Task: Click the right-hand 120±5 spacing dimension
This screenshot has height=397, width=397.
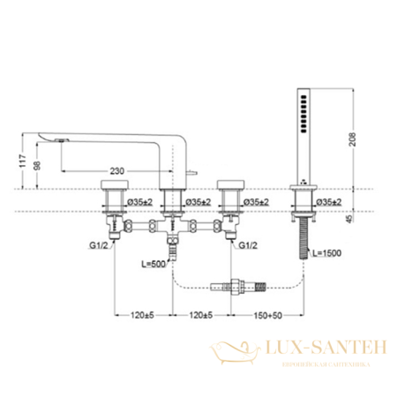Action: tap(202, 315)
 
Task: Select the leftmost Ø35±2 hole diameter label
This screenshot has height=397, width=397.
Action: tap(140, 203)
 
